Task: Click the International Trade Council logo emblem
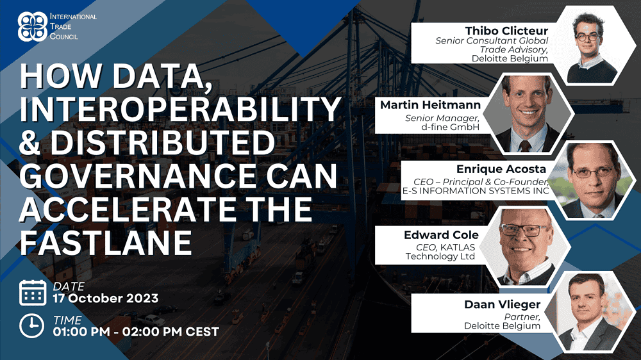click(x=33, y=26)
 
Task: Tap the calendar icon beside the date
click(x=33, y=293)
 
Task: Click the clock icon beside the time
click(x=31, y=325)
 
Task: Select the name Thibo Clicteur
click(x=506, y=31)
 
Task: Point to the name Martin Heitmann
click(x=430, y=105)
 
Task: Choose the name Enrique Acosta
click(x=501, y=169)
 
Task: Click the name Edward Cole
click(x=441, y=235)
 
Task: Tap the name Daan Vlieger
click(x=503, y=304)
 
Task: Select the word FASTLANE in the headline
click(x=106, y=243)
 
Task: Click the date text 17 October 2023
click(x=106, y=299)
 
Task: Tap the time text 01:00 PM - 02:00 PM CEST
click(x=136, y=331)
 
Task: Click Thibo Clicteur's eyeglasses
click(x=588, y=37)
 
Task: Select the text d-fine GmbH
click(x=450, y=127)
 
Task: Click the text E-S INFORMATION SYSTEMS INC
click(x=476, y=191)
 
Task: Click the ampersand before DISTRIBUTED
click(x=30, y=143)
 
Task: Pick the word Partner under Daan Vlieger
click(x=522, y=317)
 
